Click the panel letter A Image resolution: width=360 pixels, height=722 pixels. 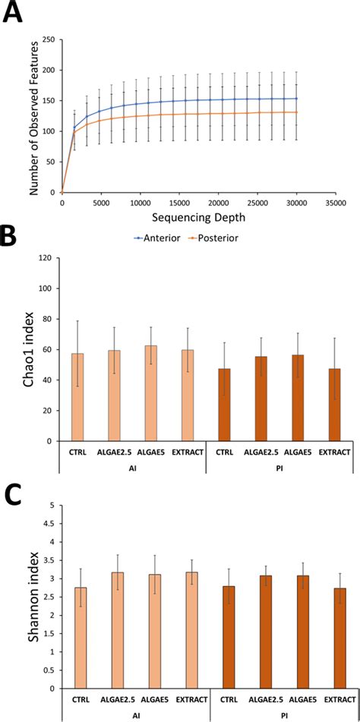(13, 13)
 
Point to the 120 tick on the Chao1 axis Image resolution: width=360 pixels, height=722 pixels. (49, 258)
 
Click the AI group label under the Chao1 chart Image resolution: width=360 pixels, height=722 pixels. (134, 468)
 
